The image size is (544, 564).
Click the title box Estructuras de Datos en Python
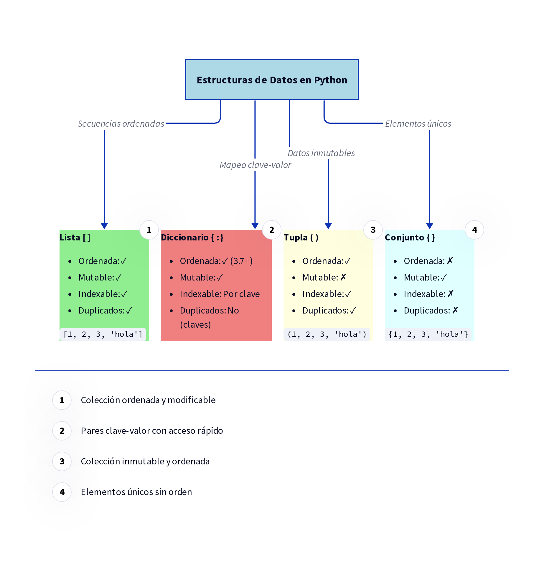tap(272, 80)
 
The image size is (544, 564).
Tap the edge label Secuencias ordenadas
tap(121, 123)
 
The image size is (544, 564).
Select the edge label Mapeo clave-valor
tap(255, 165)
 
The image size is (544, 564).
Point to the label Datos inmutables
tap(321, 153)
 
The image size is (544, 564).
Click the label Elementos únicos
tap(418, 123)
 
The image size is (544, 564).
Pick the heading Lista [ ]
tap(75, 238)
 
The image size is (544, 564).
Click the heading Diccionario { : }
tap(192, 238)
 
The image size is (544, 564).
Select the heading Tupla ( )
tap(301, 238)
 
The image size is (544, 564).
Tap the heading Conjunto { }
tap(410, 238)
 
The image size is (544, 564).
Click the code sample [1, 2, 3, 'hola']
tap(103, 334)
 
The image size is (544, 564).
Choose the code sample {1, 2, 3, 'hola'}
tap(428, 334)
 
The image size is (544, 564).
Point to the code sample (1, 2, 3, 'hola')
tap(327, 334)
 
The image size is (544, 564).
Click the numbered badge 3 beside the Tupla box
tap(373, 230)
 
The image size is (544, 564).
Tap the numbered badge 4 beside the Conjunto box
tap(474, 230)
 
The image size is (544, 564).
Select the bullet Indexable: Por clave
tap(220, 294)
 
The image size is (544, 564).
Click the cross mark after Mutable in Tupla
tap(343, 277)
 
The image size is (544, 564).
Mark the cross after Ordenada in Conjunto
tap(450, 261)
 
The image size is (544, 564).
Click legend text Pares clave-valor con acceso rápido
tap(152, 431)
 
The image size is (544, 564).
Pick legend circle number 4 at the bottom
tap(62, 492)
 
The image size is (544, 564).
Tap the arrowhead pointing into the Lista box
tap(104, 226)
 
